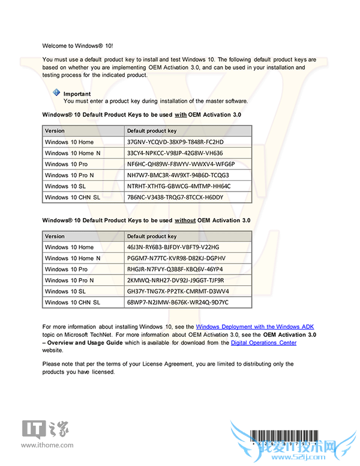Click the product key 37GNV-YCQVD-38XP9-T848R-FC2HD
coord(175,142)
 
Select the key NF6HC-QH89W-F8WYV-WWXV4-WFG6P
coord(181,164)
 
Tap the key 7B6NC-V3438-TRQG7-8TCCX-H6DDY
coord(175,197)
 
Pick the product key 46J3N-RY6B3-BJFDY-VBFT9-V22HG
coord(173,247)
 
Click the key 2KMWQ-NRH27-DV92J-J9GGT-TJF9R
coord(175,280)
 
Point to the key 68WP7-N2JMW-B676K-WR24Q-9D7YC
coord(178,302)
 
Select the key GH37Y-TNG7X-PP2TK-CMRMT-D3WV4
coord(178,291)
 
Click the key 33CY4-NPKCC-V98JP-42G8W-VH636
coord(175,153)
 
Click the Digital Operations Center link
coord(263,342)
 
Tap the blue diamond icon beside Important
coord(56,92)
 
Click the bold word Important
coord(77,94)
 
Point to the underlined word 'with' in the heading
coord(181,114)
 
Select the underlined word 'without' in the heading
coord(185,220)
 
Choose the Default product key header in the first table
coord(152,130)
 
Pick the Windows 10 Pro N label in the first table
coord(70,175)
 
